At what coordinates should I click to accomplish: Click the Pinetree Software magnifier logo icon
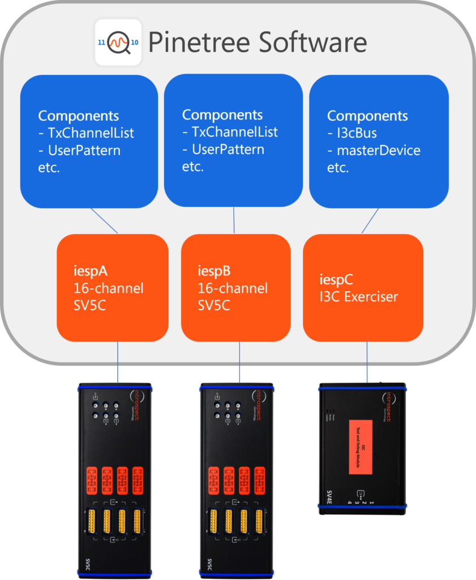[118, 42]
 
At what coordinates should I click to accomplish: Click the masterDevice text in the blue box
[378, 151]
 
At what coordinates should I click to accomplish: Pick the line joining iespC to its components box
[370, 221]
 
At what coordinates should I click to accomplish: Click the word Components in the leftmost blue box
[79, 116]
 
